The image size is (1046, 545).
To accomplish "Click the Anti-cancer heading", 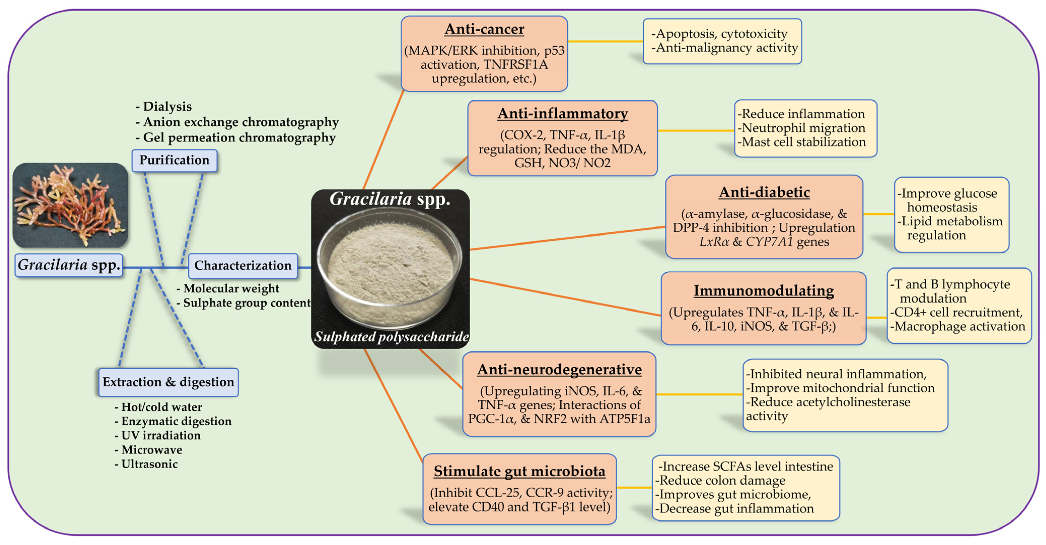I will (x=484, y=29).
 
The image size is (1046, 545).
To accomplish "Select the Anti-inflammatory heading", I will (x=562, y=114).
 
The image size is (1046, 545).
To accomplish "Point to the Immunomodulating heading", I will (x=763, y=290).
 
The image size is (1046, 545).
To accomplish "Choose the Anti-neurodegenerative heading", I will (x=559, y=369).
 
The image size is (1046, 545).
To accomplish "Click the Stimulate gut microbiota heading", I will (x=519, y=471).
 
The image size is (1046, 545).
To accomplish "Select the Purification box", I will (x=174, y=160).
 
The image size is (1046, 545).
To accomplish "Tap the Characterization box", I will (x=243, y=266).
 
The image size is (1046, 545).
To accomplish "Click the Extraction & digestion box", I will (x=168, y=382).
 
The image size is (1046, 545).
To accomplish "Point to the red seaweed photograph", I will (x=70, y=205).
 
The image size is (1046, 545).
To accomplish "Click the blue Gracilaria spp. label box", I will (x=69, y=265).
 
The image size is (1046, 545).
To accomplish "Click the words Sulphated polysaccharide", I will (x=391, y=337).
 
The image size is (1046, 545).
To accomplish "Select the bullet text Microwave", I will (x=151, y=450).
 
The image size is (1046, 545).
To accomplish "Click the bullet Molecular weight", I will (x=231, y=288).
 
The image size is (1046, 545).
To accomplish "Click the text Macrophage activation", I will (x=959, y=326).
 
